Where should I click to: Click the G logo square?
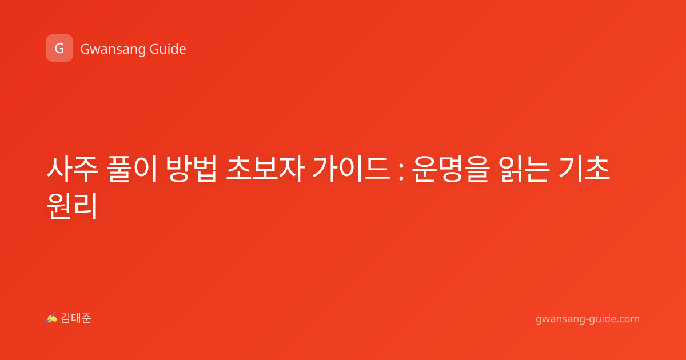(59, 48)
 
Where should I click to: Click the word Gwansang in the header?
(113, 50)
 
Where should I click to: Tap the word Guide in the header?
(168, 49)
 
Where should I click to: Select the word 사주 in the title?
(72, 169)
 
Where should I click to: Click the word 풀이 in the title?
(132, 169)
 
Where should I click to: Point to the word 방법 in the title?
(192, 169)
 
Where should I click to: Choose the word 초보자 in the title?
(265, 169)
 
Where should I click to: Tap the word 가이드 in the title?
(351, 169)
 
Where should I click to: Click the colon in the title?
(401, 173)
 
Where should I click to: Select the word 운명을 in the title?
(450, 169)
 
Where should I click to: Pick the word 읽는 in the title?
(524, 169)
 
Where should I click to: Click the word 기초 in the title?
(584, 169)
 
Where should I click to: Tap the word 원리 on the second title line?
(72, 205)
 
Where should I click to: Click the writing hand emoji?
(51, 318)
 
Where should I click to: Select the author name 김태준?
(76, 318)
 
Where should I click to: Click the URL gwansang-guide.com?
(588, 319)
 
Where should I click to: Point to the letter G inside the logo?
(59, 49)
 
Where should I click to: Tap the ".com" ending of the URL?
(627, 319)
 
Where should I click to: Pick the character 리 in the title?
(86, 205)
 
